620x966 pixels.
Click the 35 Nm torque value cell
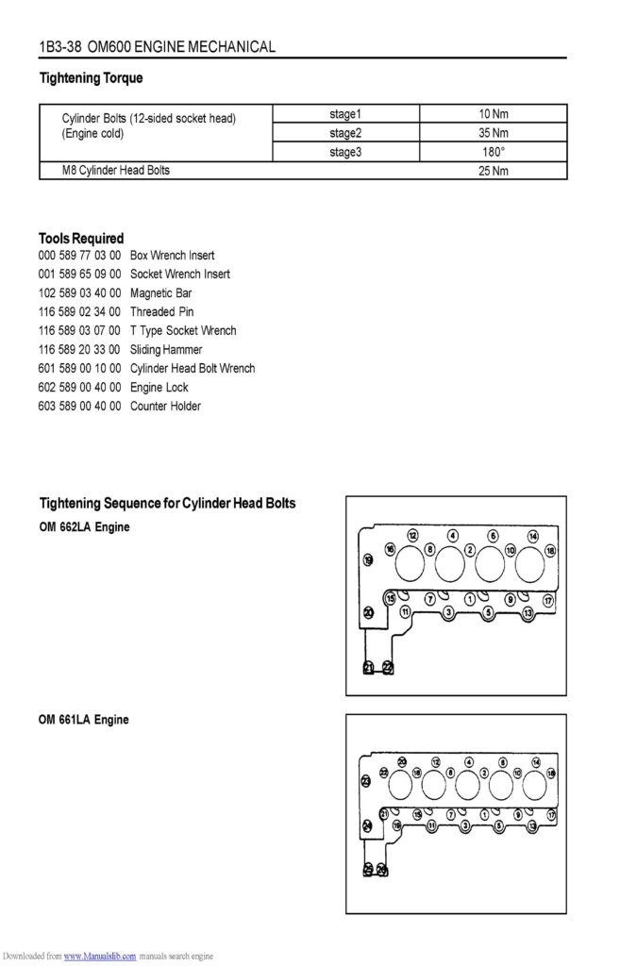(x=493, y=133)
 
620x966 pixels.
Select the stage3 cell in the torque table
(x=345, y=152)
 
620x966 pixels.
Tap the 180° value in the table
(x=493, y=152)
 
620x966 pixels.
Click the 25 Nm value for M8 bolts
(x=493, y=171)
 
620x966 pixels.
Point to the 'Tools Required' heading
(x=81, y=238)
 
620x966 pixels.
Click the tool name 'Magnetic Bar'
(x=160, y=292)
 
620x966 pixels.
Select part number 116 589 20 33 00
(x=79, y=349)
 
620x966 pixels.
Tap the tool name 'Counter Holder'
(x=165, y=406)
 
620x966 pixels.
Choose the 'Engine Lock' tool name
(x=159, y=387)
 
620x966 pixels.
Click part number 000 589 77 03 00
(x=79, y=255)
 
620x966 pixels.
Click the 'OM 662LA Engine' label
(x=84, y=526)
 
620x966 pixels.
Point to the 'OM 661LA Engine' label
(x=84, y=720)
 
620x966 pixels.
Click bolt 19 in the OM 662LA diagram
(x=368, y=560)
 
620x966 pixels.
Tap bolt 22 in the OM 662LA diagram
(x=388, y=668)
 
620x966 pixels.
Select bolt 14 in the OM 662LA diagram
(x=532, y=536)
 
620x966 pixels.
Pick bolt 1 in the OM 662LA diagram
(x=469, y=598)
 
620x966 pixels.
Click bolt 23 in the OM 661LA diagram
(x=366, y=780)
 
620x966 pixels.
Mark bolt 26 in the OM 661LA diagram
(x=381, y=869)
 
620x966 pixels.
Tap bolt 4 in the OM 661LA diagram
(x=469, y=761)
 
